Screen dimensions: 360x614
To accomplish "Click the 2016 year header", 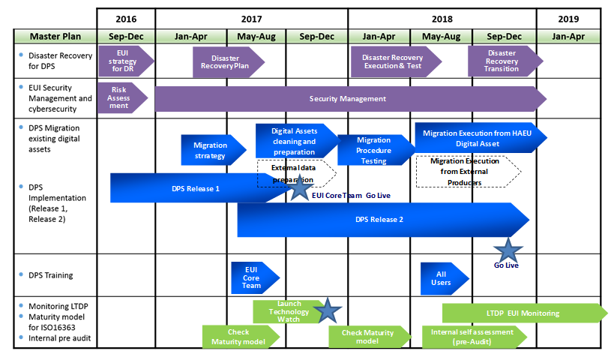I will point(126,18).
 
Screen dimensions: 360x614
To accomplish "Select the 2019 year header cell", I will point(568,18).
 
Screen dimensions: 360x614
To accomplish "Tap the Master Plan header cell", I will point(55,36).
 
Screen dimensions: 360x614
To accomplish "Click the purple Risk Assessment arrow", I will point(120,97).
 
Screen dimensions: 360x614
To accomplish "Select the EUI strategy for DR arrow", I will point(124,58).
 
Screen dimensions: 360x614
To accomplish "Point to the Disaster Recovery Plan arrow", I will point(227,61).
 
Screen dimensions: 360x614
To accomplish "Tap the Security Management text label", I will point(348,99).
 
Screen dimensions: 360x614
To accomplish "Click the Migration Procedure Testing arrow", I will point(373,150).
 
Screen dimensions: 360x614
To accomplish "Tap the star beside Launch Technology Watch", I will point(326,310).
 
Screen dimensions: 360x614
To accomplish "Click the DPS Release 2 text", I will point(379,220).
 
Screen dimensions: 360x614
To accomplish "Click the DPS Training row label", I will point(50,275).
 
